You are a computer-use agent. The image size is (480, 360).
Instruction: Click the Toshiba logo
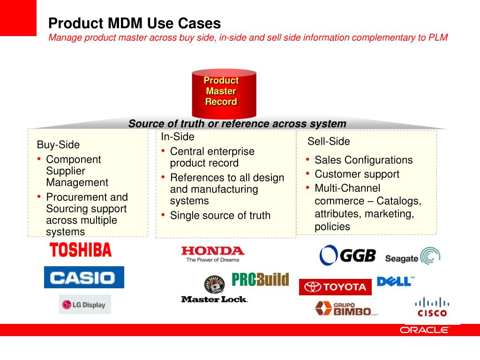point(81,250)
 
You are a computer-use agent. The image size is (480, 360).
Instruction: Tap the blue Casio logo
point(84,277)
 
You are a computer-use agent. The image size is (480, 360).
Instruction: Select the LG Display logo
point(85,305)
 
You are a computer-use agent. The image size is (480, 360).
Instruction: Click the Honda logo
point(213,254)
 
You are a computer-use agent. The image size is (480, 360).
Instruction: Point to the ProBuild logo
point(260,280)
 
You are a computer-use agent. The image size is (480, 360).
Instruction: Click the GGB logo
point(348,255)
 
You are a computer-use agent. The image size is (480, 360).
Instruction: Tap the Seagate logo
point(412,257)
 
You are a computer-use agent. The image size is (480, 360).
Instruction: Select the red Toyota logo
point(335,287)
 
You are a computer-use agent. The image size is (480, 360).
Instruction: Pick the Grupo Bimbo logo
point(345,308)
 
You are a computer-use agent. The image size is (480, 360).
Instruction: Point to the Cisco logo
point(432,307)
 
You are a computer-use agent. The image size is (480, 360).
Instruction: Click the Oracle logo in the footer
point(424,330)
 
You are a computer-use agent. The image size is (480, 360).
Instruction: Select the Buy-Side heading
point(58,144)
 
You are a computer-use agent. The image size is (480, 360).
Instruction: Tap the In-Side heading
point(177,137)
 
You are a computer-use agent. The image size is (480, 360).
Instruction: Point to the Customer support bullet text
point(357,174)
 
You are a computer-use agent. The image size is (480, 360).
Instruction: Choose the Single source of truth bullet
point(220,216)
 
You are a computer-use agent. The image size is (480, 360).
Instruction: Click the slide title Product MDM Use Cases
point(135,23)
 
